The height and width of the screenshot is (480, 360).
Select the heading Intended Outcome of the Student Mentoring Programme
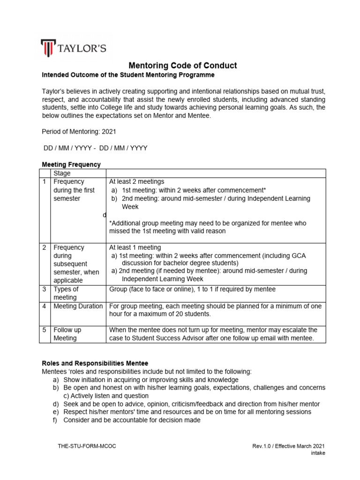[128, 75]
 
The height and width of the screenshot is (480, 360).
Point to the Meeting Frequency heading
[71, 165]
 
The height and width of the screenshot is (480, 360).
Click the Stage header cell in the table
[62, 173]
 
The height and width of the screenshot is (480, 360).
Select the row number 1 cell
[45, 182]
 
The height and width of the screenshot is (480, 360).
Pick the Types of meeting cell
[66, 293]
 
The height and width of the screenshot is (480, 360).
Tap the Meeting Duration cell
[78, 306]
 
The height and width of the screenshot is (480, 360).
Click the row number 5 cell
[45, 330]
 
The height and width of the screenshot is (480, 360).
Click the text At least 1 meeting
[135, 247]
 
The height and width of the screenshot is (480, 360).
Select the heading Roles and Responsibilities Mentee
[95, 363]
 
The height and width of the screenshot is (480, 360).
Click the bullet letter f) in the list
[55, 420]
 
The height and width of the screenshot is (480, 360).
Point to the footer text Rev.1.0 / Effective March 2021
[288, 446]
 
